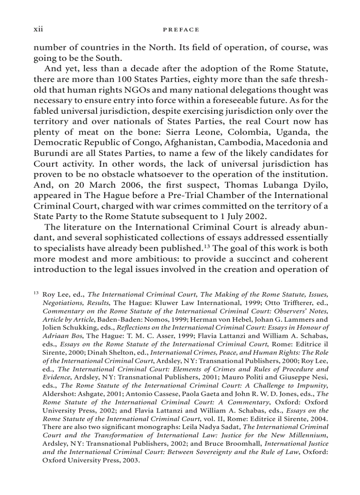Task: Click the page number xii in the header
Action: tap(38, 30)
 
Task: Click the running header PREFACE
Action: tap(180, 30)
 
